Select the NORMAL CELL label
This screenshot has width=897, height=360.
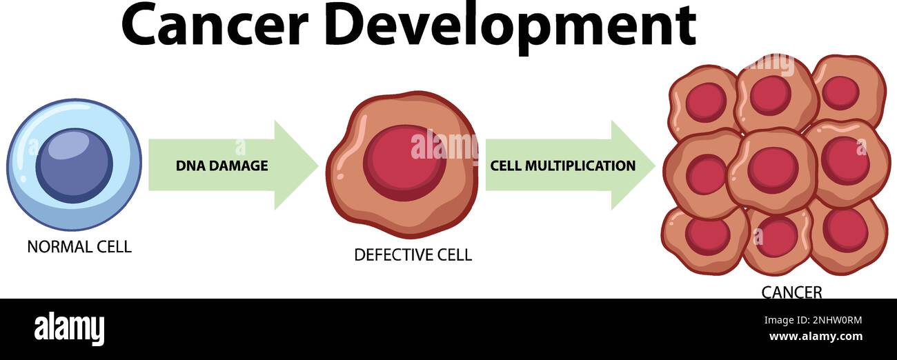pos(79,247)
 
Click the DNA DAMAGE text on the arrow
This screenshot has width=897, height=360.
pos(221,166)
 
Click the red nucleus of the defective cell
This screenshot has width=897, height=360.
pos(405,164)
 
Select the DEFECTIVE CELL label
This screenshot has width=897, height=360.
pos(413,255)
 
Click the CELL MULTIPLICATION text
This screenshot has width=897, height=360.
pos(562,166)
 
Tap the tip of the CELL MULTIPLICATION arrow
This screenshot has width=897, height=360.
pos(653,166)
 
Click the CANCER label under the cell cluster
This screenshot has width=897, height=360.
pos(791,292)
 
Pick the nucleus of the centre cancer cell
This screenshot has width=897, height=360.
pos(772,170)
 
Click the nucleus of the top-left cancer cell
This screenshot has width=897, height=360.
pos(705,103)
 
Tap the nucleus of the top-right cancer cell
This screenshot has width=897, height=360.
pos(840,92)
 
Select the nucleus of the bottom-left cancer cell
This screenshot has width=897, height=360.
pos(707,236)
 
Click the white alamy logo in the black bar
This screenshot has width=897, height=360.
pos(69,329)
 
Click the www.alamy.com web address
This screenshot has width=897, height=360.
pos(815,337)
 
